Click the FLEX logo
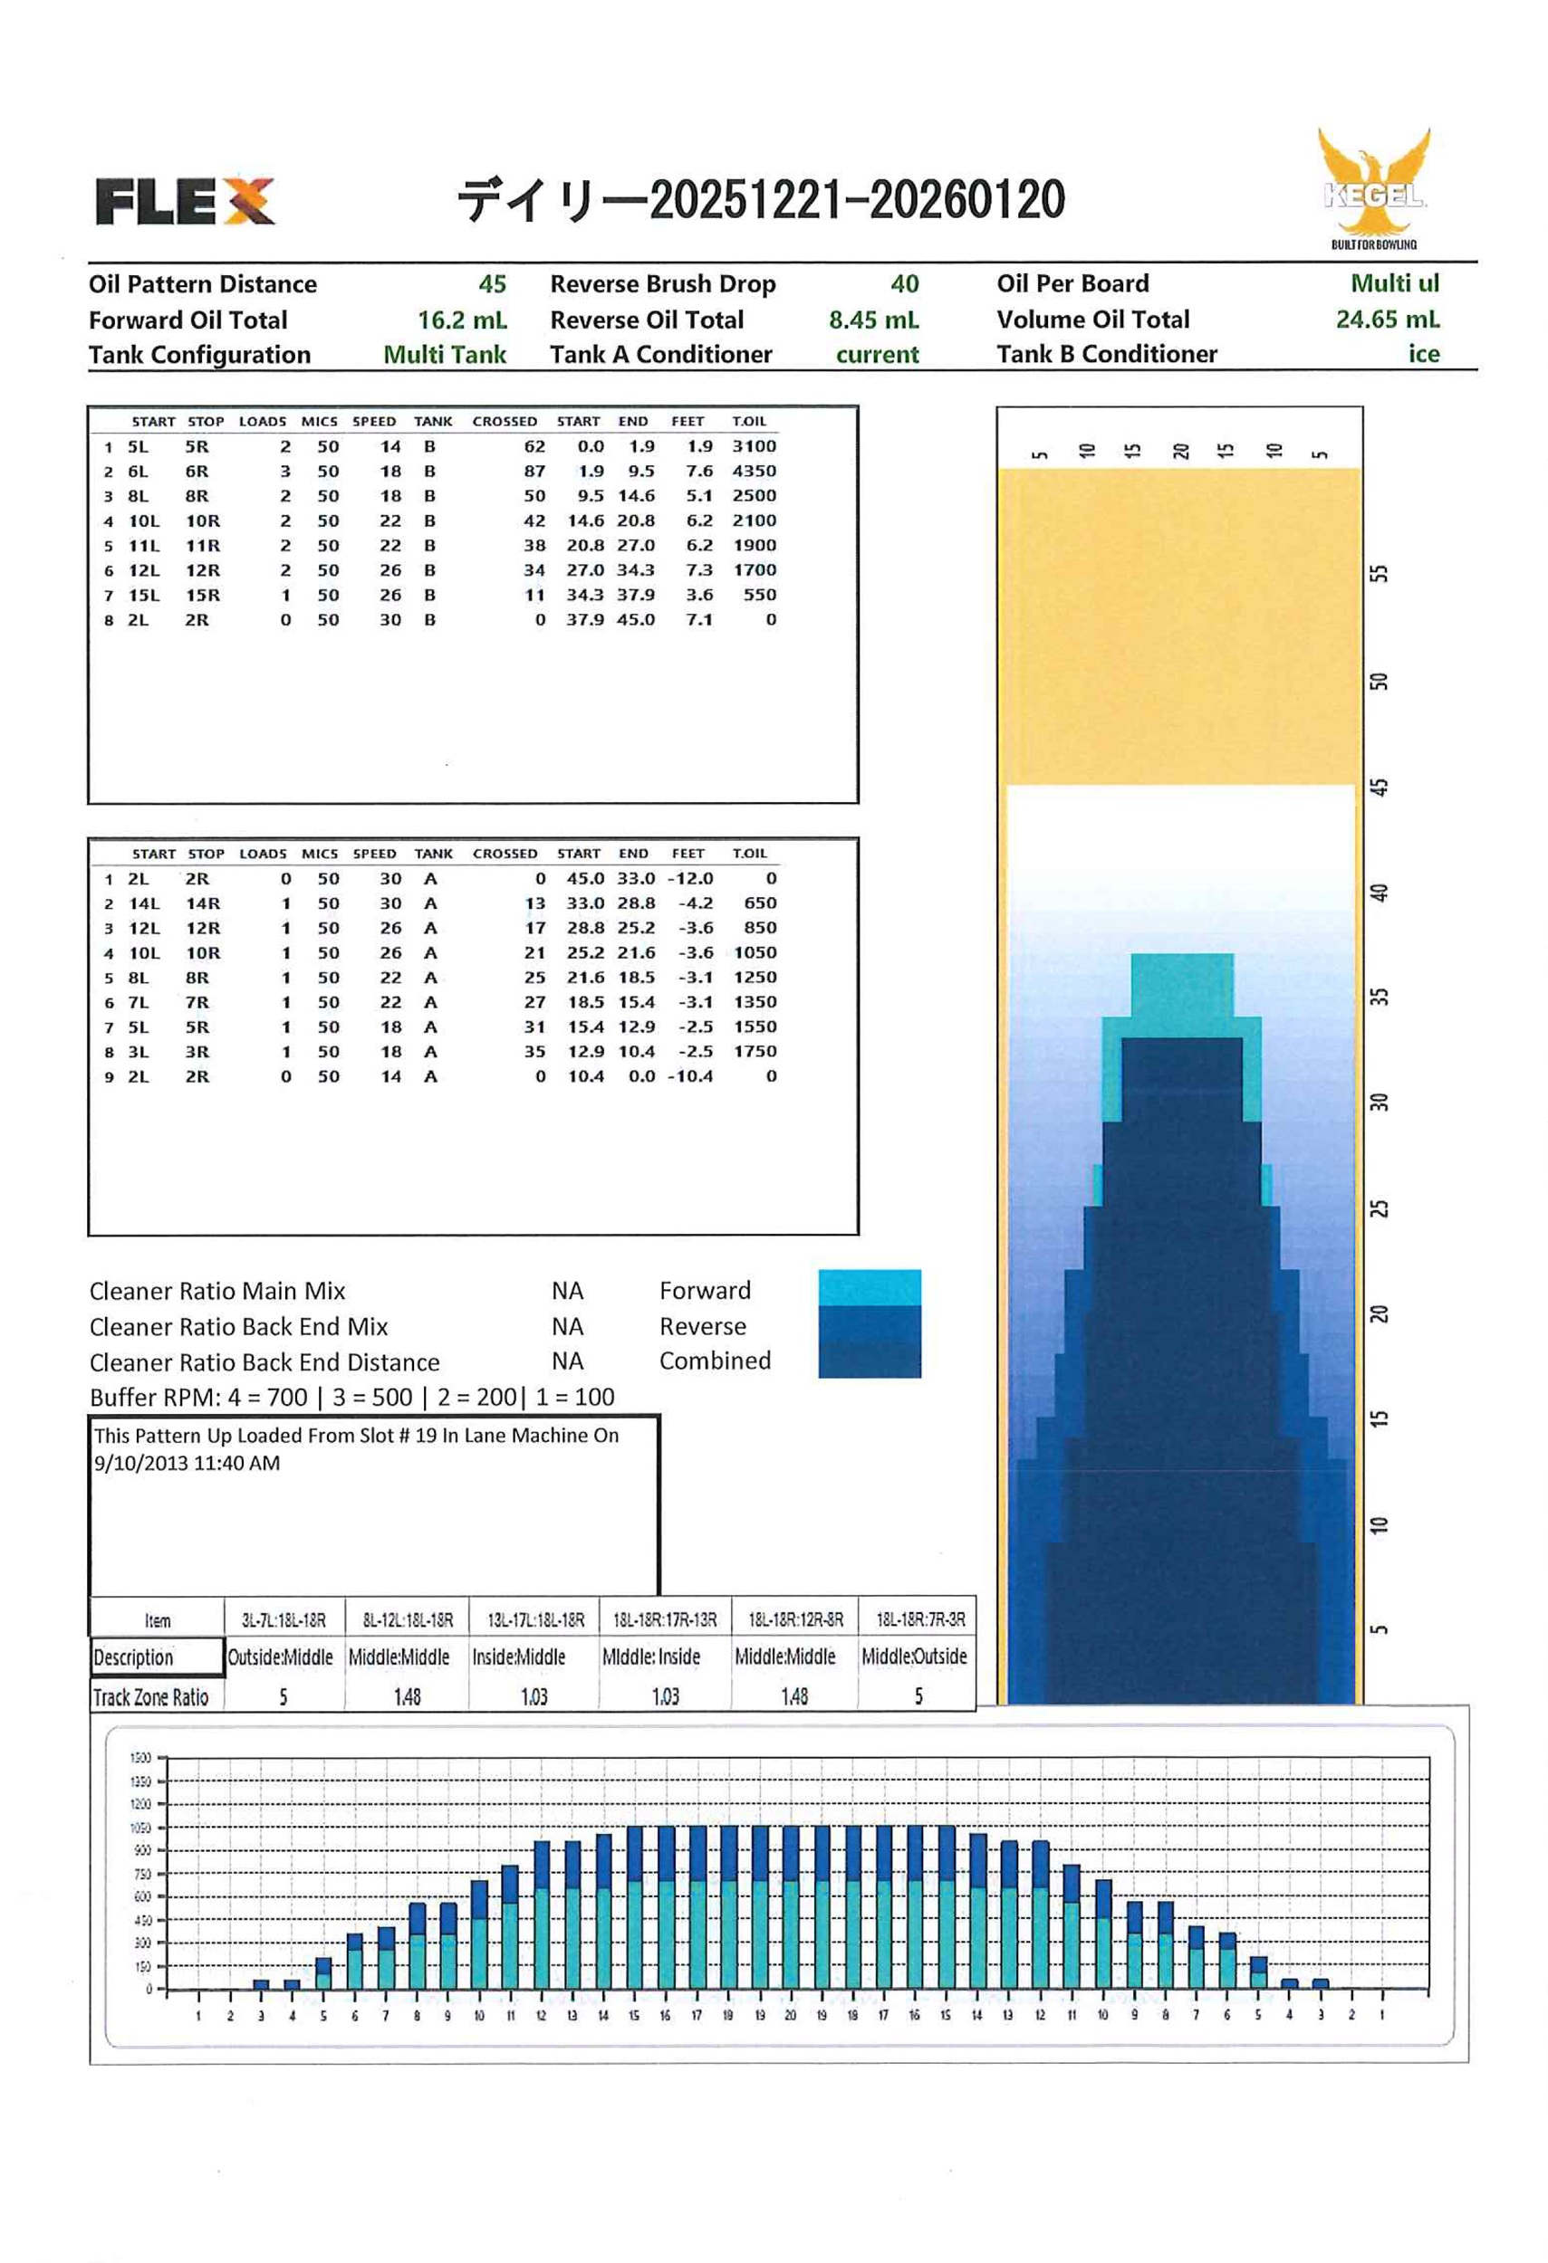184,201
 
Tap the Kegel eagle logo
1373,187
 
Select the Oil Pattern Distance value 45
492,284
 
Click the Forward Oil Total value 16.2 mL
462,320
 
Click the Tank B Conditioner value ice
1422,355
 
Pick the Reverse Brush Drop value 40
904,284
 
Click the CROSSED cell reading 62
534,447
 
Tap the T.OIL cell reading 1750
755,1052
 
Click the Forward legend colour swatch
869,1286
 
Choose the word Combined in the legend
714,1361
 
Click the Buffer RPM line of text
351,1398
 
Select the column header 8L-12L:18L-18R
408,1620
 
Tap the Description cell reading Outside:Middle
281,1657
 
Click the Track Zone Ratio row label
151,1698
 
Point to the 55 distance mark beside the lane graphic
1379,574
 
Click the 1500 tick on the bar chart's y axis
140,1758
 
